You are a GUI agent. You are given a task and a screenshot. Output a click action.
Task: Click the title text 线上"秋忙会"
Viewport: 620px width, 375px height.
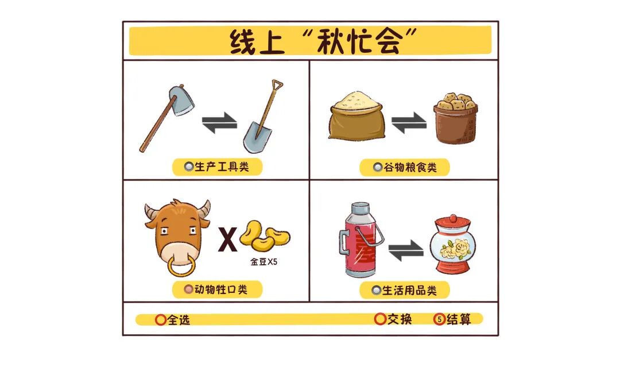310,41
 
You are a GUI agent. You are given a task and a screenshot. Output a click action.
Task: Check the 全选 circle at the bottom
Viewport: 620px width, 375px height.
161,320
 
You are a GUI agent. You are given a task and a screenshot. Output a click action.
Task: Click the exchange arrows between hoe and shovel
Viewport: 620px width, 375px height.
219,123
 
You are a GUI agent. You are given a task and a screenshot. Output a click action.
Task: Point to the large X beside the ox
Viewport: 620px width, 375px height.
228,240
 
